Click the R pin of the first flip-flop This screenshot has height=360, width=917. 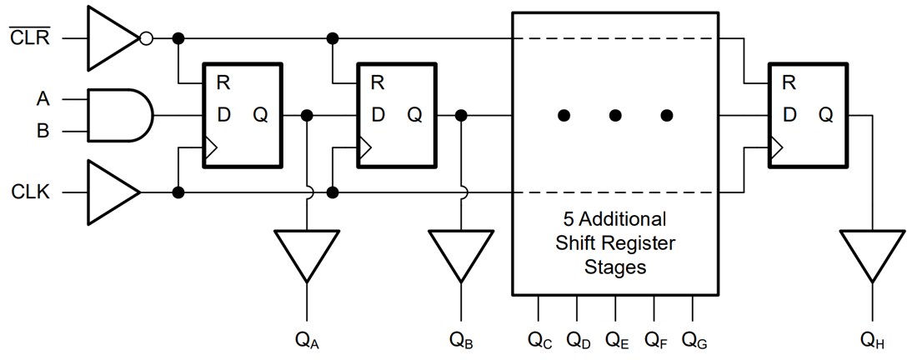[x=223, y=82]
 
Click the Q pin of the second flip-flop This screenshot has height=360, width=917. [x=414, y=115]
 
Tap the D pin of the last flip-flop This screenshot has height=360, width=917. [x=789, y=115]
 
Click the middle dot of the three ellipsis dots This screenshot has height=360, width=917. [x=615, y=115]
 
